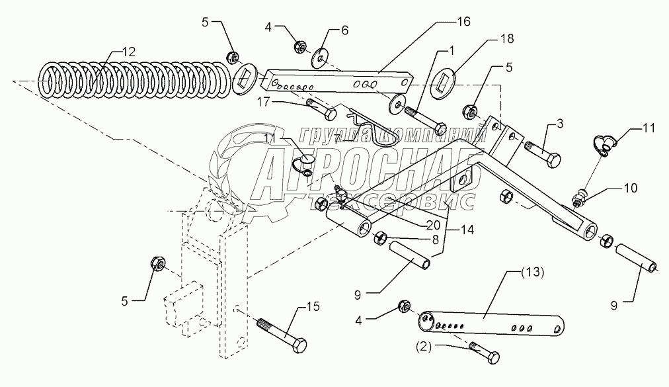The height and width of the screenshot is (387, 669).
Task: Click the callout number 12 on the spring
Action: click(128, 52)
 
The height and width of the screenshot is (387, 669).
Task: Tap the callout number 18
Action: click(507, 39)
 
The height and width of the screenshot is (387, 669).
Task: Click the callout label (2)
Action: click(424, 347)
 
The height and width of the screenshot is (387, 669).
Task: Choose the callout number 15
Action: click(313, 307)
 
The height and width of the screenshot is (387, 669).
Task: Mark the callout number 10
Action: click(631, 188)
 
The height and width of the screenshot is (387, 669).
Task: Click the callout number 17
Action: click(264, 102)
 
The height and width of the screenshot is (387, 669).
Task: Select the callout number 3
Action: click(560, 124)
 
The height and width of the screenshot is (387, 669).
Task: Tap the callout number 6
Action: click(344, 30)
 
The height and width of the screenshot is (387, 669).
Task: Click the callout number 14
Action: click(467, 230)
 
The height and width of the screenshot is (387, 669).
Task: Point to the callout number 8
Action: click(435, 239)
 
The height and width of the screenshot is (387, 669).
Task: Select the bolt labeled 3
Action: click(542, 154)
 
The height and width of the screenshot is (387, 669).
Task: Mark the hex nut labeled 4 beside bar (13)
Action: click(404, 306)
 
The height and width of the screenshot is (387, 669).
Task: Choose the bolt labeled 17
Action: click(321, 109)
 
